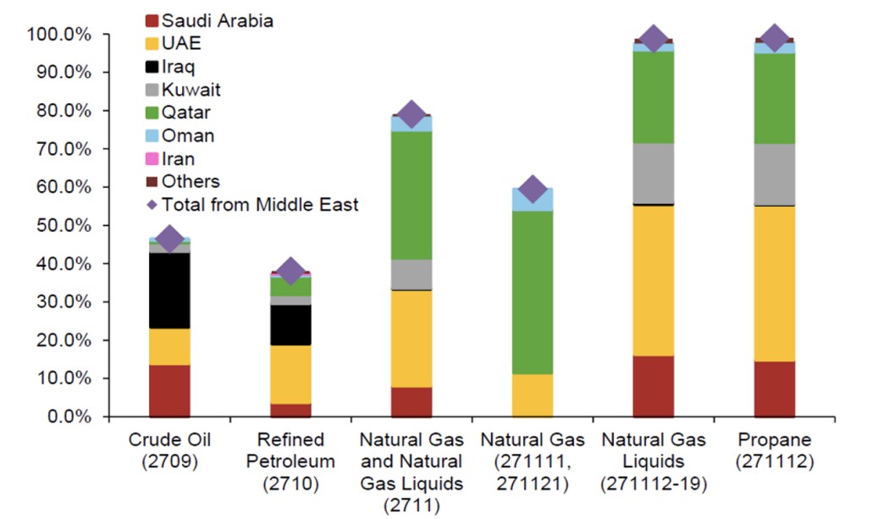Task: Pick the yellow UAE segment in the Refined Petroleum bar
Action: [x=290, y=374]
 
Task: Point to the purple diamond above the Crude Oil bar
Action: [x=169, y=239]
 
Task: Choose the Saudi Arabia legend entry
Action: [x=217, y=20]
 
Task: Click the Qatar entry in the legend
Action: [x=185, y=113]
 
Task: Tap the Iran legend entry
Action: [x=178, y=158]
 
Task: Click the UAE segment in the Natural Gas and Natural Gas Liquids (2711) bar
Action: [x=411, y=339]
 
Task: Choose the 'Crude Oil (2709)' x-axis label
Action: [x=169, y=450]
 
